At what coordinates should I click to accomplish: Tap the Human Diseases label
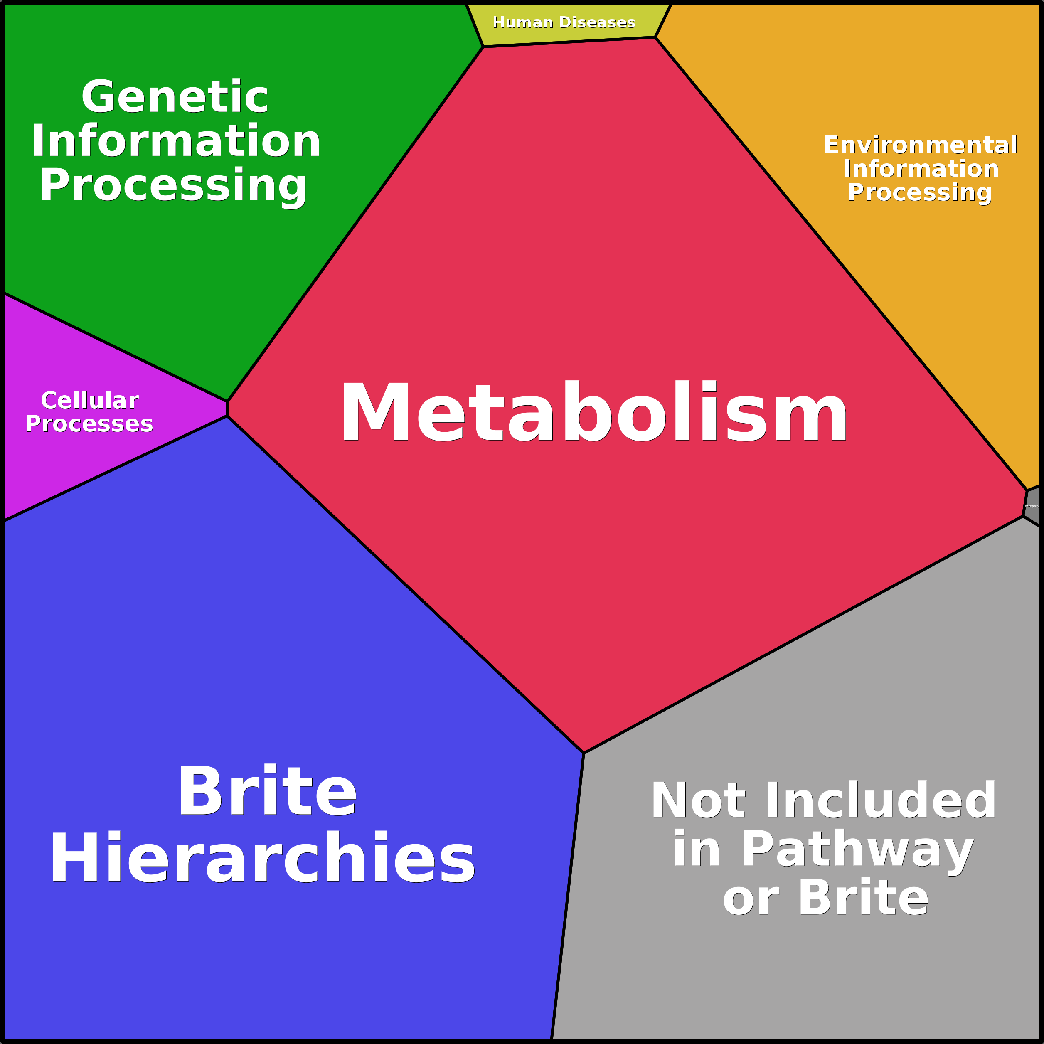point(564,23)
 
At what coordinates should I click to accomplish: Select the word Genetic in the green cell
point(175,97)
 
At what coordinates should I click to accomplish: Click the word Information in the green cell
point(176,142)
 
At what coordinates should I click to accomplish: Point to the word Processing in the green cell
point(173,185)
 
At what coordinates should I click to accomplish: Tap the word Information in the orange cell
point(921,169)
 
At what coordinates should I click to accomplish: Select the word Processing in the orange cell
point(919,192)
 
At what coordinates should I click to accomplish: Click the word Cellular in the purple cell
point(90,400)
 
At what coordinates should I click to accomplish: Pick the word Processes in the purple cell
point(89,424)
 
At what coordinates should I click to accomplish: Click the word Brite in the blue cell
point(267,792)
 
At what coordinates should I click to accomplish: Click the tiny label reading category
point(1032,506)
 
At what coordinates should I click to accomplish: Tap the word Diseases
point(598,23)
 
